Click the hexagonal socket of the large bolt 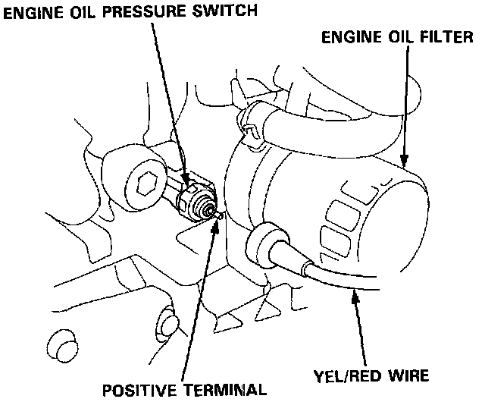(x=146, y=183)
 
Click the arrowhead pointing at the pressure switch (x=184, y=180)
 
